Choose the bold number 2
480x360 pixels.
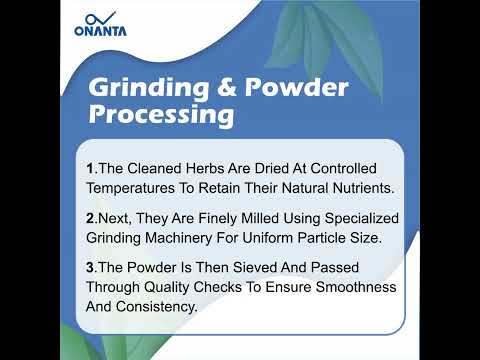(x=89, y=218)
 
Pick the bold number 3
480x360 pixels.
(x=89, y=268)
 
